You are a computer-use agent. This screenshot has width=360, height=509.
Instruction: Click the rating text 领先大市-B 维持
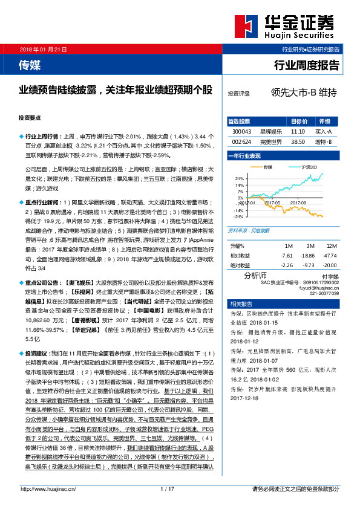click(x=304, y=94)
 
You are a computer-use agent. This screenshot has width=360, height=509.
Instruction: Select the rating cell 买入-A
click(x=324, y=131)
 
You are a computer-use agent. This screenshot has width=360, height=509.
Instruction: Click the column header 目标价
click(x=298, y=122)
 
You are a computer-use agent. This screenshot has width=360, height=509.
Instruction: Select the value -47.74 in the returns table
click(x=330, y=255)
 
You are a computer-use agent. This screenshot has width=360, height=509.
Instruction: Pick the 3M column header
click(x=310, y=246)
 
